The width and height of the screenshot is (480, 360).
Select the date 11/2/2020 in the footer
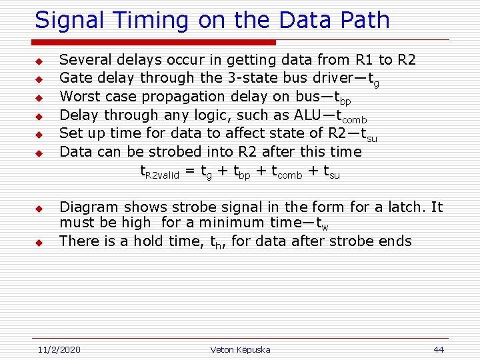pos(58,349)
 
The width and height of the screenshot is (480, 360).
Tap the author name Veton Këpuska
pos(240,349)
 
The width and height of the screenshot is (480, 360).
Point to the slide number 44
pos(438,349)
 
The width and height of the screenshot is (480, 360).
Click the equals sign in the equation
pos(190,171)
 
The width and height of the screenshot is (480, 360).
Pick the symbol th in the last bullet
pos(219,242)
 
